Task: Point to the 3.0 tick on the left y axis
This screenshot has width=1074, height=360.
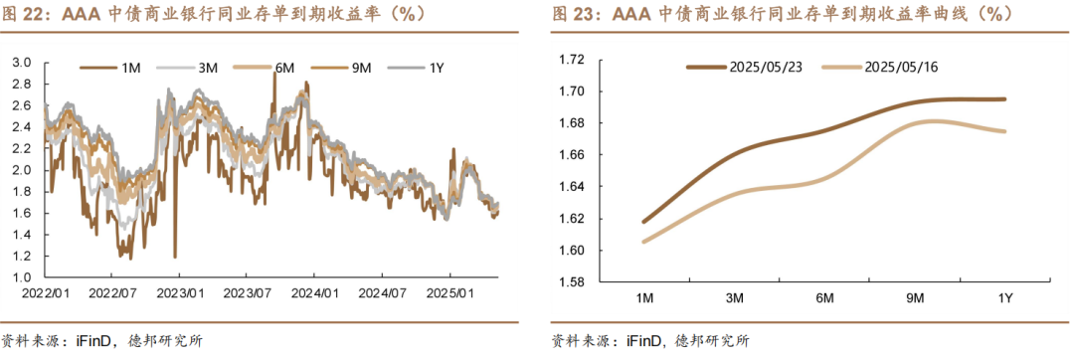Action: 23,63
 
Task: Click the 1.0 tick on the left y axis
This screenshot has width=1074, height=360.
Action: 23,277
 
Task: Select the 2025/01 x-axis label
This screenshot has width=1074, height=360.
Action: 448,293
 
